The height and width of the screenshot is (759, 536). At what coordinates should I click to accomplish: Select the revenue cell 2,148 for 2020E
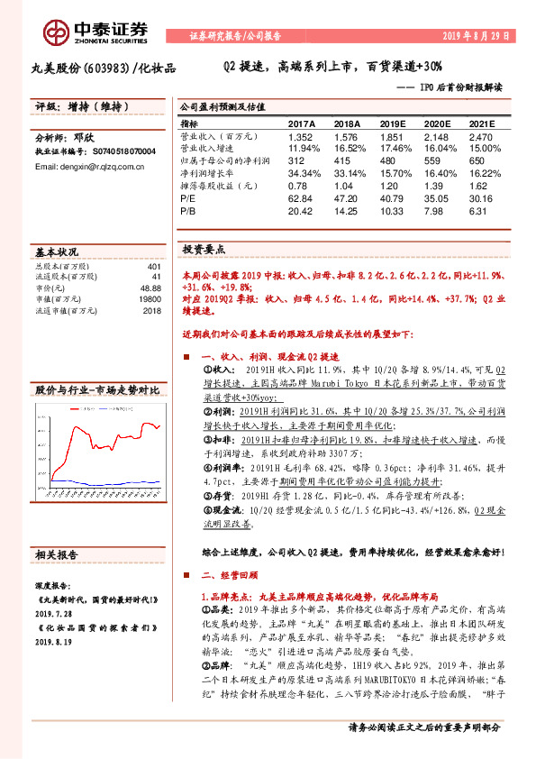[x=436, y=136]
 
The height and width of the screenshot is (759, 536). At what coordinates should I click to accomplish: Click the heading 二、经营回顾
[x=231, y=575]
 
